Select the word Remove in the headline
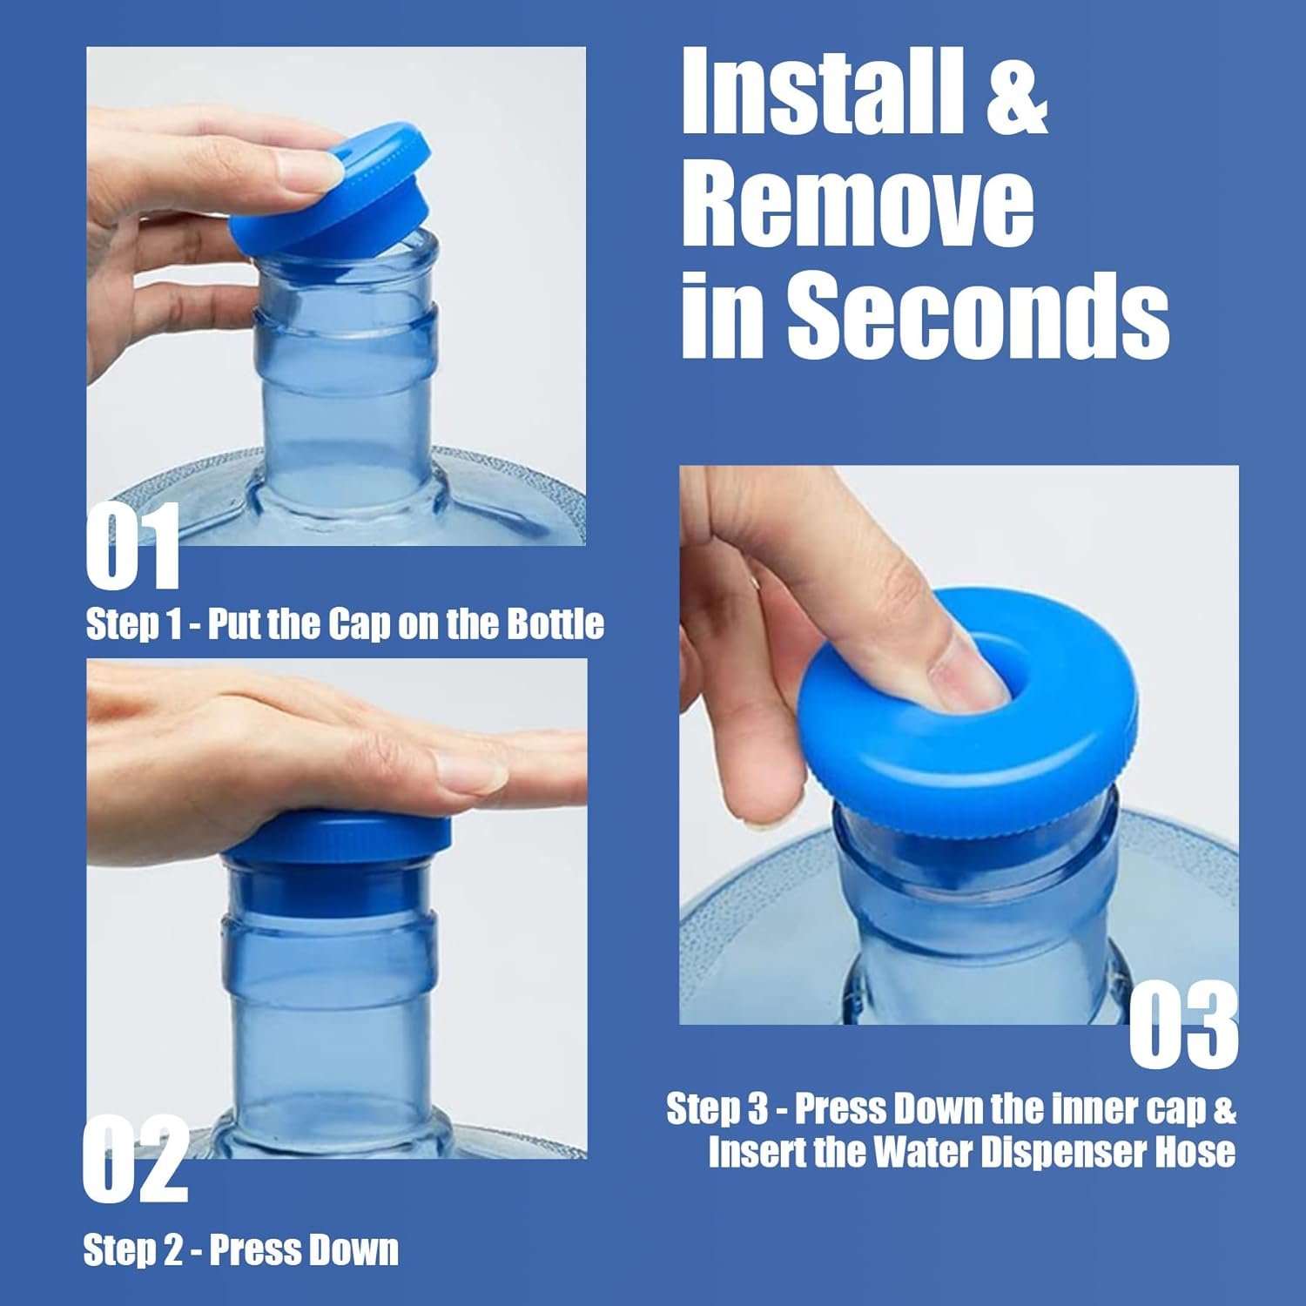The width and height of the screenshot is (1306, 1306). click(x=858, y=207)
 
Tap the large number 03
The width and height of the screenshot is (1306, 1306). click(x=1184, y=1024)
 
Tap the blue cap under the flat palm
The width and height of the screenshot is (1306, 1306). click(x=337, y=837)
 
